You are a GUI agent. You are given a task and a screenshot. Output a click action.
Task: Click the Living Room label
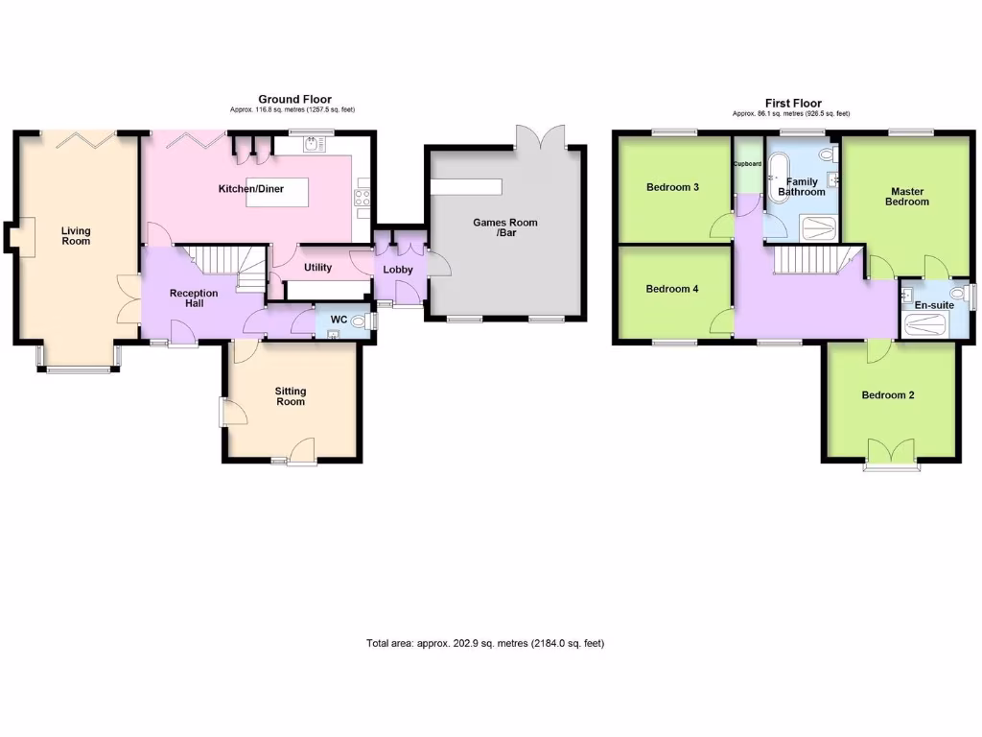click(x=76, y=235)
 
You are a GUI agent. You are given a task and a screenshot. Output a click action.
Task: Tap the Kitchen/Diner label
click(x=251, y=189)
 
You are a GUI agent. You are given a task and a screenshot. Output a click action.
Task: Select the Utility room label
click(x=317, y=268)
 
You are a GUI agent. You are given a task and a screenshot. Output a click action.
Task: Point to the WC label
click(x=338, y=320)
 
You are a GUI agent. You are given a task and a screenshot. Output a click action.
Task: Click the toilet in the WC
click(x=362, y=321)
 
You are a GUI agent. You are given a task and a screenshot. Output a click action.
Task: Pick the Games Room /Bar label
click(x=504, y=227)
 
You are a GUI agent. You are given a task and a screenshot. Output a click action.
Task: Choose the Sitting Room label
click(x=291, y=396)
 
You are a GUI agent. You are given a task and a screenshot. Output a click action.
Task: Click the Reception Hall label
click(x=194, y=298)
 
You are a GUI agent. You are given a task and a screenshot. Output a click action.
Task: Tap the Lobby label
click(x=398, y=270)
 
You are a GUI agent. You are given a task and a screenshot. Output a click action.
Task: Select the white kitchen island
click(x=278, y=192)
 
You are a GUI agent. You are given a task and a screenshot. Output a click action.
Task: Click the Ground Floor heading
click(x=294, y=99)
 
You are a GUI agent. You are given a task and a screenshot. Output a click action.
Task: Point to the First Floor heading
click(x=793, y=104)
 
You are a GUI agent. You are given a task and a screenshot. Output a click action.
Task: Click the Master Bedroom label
click(x=907, y=197)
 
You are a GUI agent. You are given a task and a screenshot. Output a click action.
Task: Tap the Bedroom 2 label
click(x=887, y=395)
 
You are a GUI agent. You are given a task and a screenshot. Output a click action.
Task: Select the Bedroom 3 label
click(x=672, y=187)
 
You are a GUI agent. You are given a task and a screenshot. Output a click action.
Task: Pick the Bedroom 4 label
click(x=672, y=289)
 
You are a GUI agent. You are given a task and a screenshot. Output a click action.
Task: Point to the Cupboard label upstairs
click(x=747, y=164)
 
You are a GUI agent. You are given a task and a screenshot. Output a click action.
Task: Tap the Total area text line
click(x=485, y=643)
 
